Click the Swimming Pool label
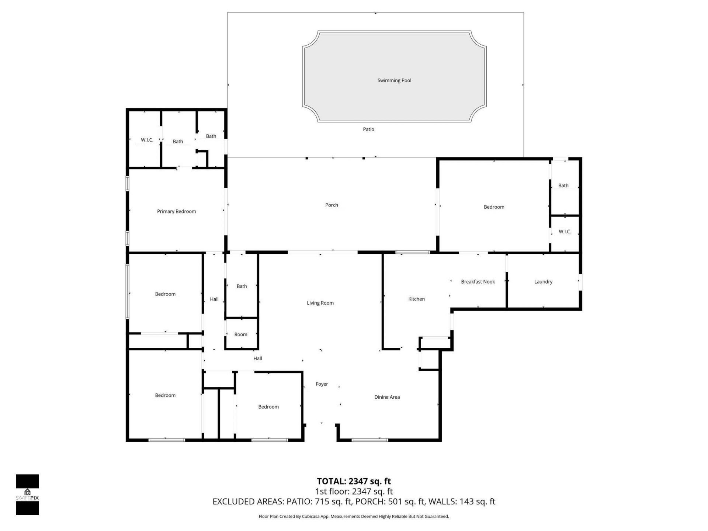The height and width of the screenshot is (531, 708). (x=394, y=80)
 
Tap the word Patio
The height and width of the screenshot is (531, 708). (x=368, y=129)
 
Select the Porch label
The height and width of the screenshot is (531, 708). (x=332, y=205)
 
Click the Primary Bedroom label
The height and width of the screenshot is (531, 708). (x=176, y=211)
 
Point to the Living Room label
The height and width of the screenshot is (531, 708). (x=320, y=303)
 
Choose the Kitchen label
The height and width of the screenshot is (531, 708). (x=416, y=299)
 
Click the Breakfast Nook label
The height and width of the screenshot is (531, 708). (x=478, y=282)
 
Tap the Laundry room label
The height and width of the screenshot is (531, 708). (x=543, y=282)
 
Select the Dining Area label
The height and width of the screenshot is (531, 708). (x=387, y=397)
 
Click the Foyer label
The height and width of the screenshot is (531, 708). (x=322, y=384)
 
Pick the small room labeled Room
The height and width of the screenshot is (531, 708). (x=241, y=334)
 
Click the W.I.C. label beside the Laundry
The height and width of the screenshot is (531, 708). (x=565, y=232)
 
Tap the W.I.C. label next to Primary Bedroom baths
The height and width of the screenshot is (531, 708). (x=147, y=140)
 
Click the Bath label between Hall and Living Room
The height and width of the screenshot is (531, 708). (x=242, y=286)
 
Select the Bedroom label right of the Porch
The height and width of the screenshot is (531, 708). (x=494, y=207)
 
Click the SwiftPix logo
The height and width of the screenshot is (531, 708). (x=27, y=494)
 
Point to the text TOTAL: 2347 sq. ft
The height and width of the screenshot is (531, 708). (x=354, y=481)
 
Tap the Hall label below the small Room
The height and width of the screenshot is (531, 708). (x=257, y=358)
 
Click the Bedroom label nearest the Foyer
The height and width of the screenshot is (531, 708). (x=268, y=407)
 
